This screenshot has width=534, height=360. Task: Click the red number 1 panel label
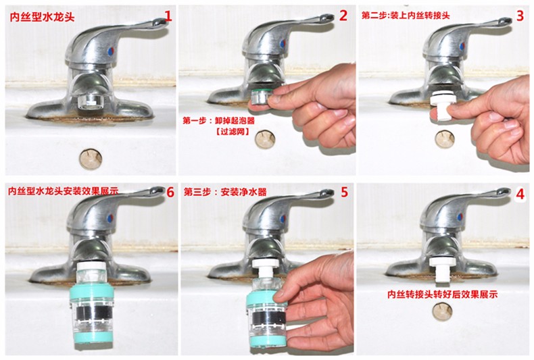click(x=168, y=16)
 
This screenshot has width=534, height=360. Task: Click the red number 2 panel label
click(x=343, y=16)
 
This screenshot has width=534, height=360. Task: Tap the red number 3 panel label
click(x=520, y=16)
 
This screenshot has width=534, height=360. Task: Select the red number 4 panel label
click(x=520, y=195)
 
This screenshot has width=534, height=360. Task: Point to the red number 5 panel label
click(x=344, y=192)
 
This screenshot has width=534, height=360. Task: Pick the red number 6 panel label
click(x=170, y=192)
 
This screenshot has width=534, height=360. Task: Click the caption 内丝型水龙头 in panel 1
click(x=42, y=17)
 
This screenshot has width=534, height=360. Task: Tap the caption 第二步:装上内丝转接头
click(x=406, y=16)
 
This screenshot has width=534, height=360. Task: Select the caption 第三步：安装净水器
click(x=225, y=192)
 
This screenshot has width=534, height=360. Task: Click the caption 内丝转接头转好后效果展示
click(x=442, y=294)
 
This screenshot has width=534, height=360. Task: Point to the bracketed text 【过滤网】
click(x=233, y=131)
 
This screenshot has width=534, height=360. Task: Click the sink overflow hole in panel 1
click(x=91, y=158)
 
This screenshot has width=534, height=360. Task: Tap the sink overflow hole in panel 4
click(x=442, y=311)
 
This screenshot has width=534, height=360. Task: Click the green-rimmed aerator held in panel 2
click(x=261, y=97)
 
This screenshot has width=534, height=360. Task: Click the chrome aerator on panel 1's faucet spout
click(x=91, y=102)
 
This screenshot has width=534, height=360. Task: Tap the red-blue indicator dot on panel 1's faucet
click(x=110, y=52)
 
